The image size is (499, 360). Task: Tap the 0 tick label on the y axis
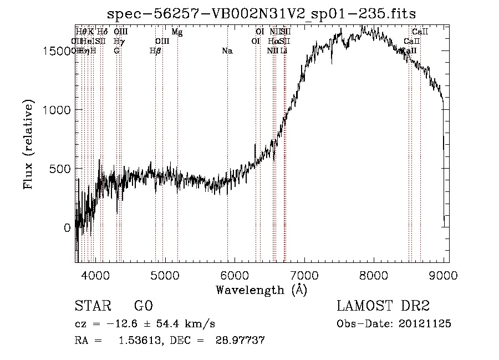pyautogui.click(x=67, y=227)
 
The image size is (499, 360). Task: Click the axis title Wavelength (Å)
pyautogui.click(x=261, y=290)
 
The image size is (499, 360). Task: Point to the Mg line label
pyautogui.click(x=177, y=32)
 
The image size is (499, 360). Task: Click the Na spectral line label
pyautogui.click(x=227, y=51)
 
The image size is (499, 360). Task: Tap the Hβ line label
pyautogui.click(x=155, y=51)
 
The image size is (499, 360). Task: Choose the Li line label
pyautogui.click(x=283, y=51)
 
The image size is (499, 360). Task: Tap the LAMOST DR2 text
pyautogui.click(x=383, y=306)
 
